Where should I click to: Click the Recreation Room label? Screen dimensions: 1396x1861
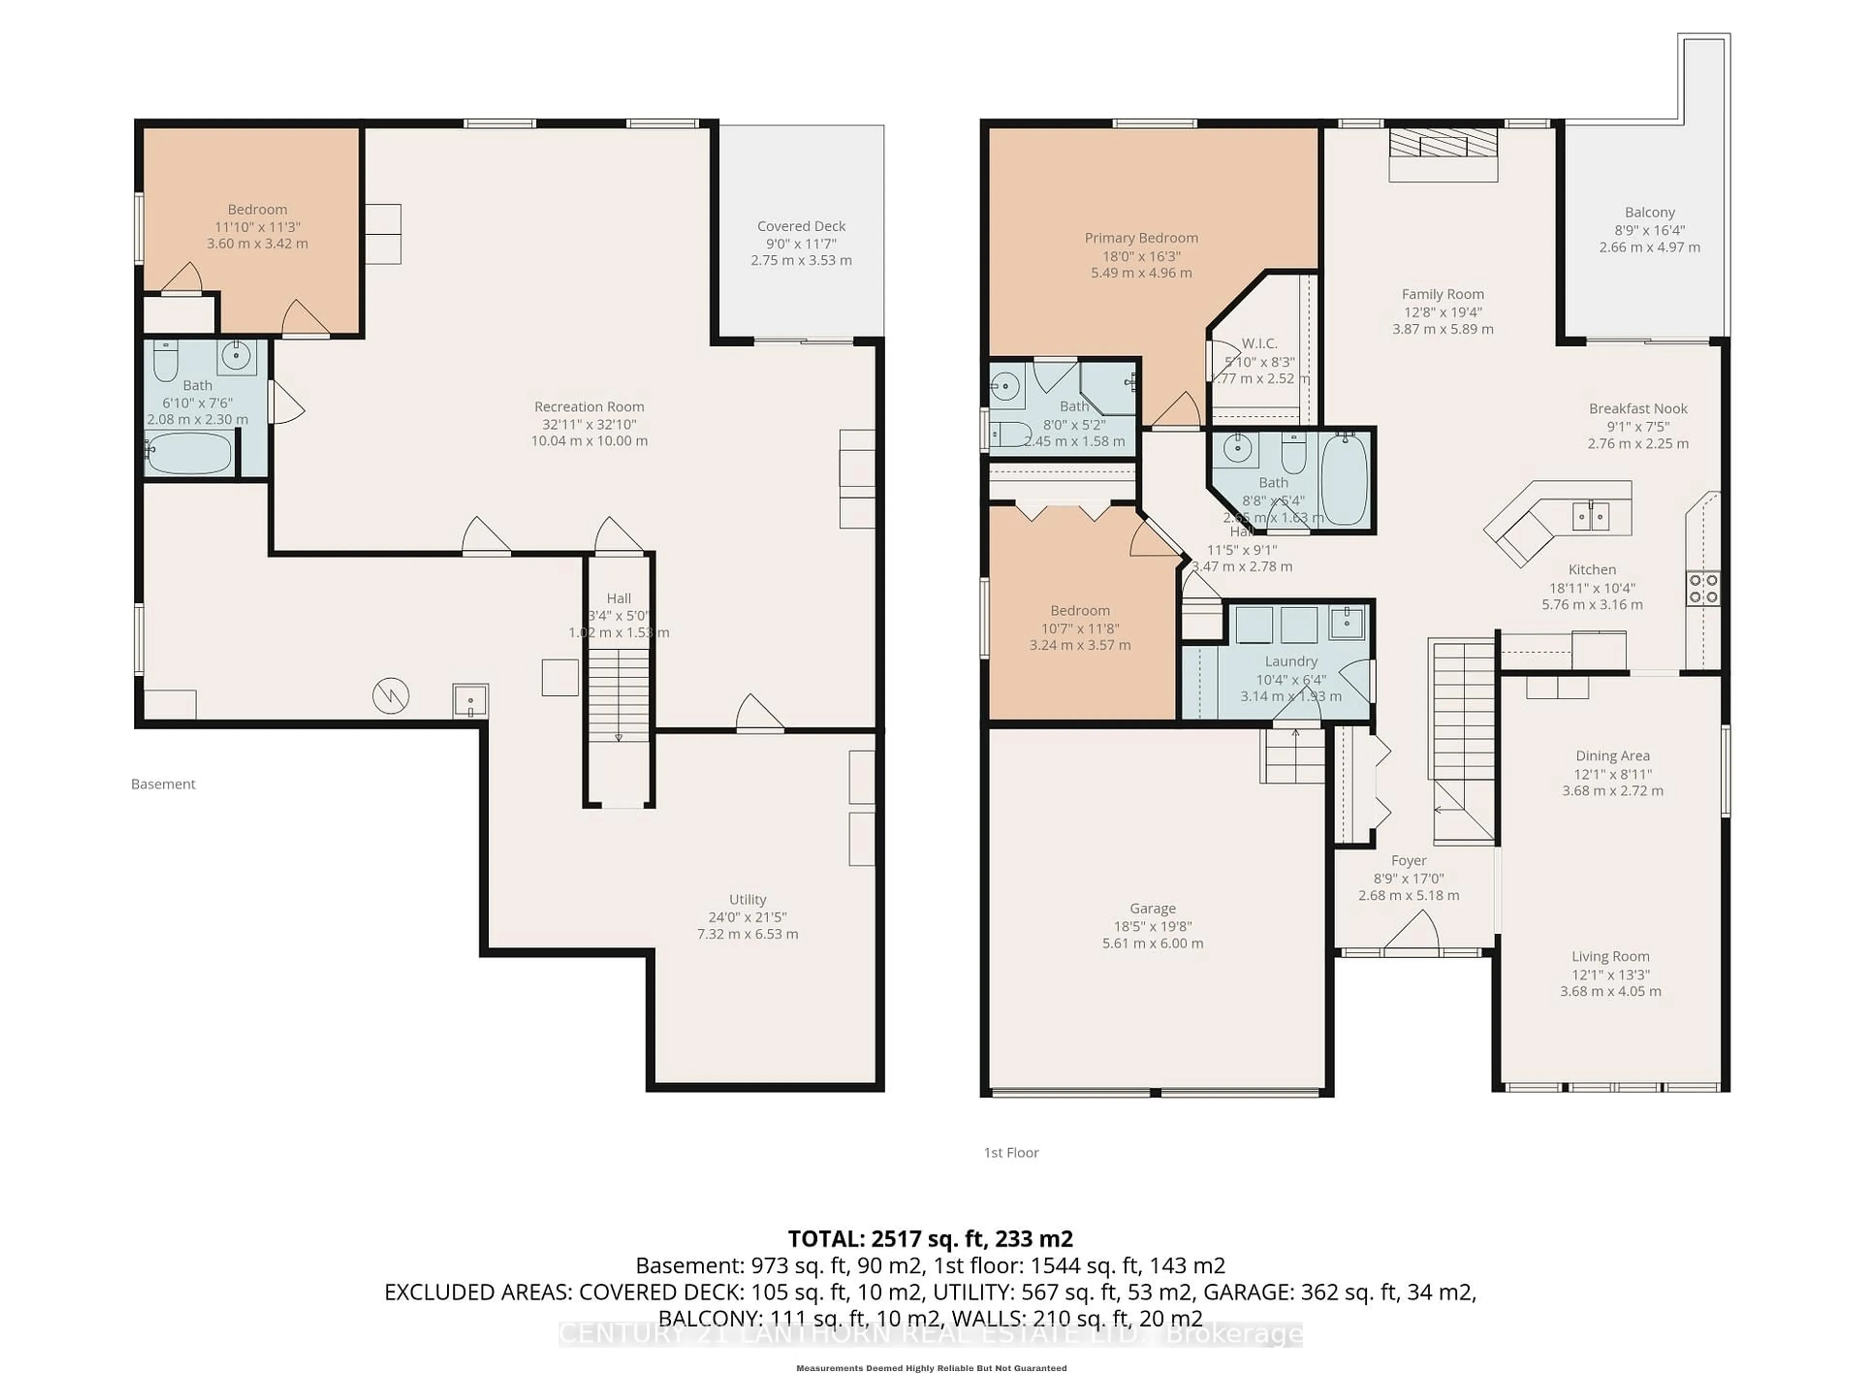coord(589,406)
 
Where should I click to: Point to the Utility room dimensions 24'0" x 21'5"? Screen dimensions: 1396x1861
coord(747,917)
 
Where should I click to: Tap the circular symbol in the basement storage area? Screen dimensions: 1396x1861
coord(390,696)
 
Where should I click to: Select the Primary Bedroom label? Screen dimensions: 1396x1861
coord(1141,238)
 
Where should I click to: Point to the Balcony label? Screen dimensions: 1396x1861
coord(1649,212)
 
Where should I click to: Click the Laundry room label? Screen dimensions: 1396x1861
coord(1291,661)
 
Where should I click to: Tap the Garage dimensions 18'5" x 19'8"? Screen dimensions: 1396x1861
coord(1152,926)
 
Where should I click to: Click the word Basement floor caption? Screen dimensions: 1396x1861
coord(163,783)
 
